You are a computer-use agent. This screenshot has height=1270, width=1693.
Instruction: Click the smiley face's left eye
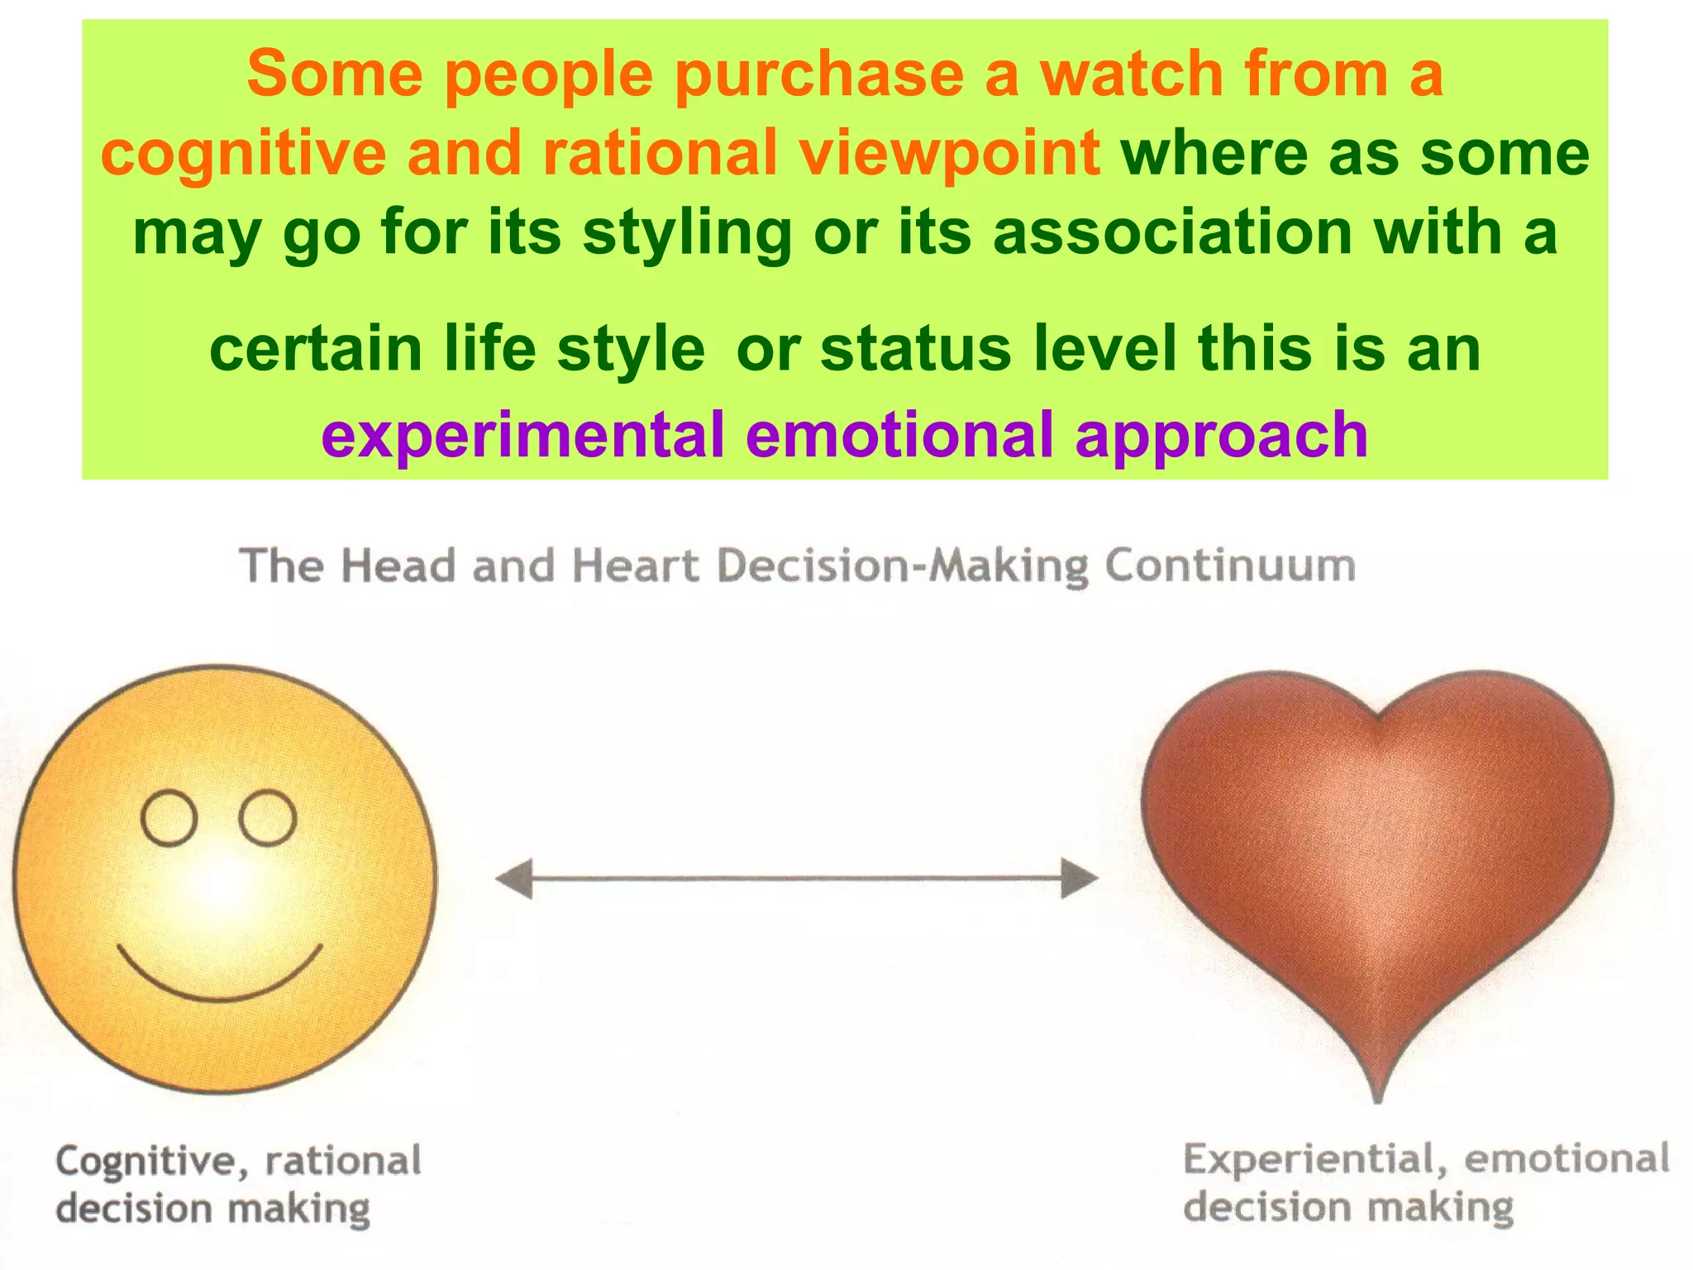(169, 818)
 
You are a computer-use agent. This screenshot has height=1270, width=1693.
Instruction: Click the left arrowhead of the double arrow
(513, 878)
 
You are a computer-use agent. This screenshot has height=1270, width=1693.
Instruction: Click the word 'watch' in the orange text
(1132, 74)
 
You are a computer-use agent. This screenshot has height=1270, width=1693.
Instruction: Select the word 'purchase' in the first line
(818, 75)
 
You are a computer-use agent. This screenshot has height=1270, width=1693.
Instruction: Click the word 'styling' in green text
(687, 233)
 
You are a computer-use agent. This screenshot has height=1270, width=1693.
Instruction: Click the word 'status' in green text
(915, 350)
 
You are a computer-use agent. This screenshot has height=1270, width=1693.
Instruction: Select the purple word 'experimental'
(522, 436)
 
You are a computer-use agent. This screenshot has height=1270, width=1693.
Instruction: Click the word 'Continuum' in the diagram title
(1229, 567)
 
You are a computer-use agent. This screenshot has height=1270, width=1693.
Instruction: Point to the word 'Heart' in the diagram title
(635, 567)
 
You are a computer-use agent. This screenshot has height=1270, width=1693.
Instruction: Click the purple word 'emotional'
(899, 436)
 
